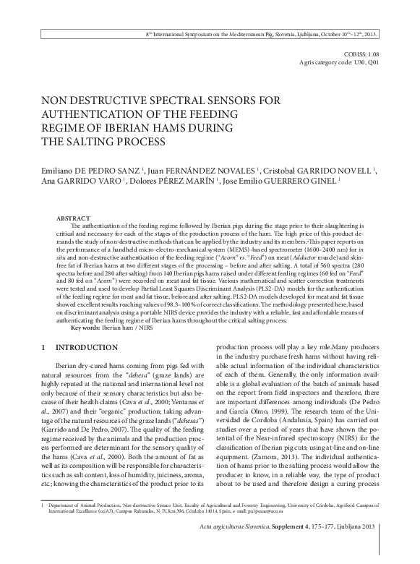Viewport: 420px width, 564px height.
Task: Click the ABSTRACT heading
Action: [73, 218]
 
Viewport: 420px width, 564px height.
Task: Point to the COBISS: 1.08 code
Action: [359, 55]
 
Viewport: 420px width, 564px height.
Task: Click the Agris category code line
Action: [338, 63]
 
